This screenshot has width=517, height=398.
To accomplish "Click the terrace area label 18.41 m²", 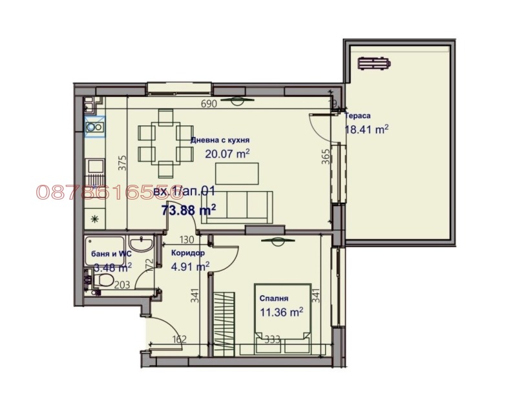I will (366, 129).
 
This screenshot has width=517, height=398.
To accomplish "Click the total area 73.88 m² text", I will (188, 209).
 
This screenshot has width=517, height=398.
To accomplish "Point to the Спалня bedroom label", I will (273, 298).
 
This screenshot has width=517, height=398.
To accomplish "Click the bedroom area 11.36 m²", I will (281, 312).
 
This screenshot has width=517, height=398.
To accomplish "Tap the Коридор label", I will (187, 253).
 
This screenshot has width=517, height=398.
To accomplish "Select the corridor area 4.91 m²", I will (190, 266).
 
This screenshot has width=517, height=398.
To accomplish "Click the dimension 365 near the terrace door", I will (326, 157).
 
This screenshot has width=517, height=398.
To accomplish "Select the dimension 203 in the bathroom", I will (123, 283).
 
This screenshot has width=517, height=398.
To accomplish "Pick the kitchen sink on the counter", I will (94, 127).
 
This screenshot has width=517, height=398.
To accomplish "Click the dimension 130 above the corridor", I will (187, 240).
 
